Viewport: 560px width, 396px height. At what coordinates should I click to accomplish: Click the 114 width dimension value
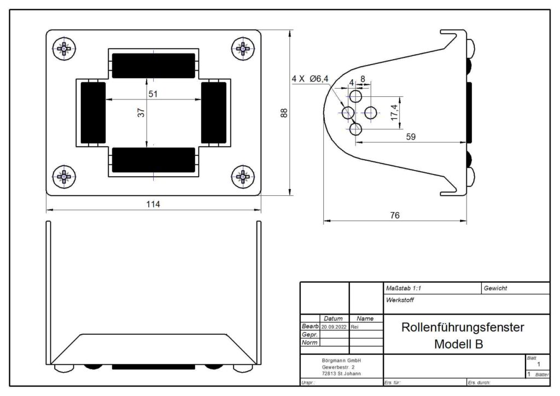click(153, 204)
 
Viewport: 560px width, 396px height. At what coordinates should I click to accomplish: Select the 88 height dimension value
click(284, 113)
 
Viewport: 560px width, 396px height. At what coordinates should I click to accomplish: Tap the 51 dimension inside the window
click(153, 94)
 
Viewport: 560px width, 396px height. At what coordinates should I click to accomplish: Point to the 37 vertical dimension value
click(142, 113)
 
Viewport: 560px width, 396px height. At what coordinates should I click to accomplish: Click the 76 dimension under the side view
click(395, 216)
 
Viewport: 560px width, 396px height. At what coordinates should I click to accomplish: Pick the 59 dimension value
click(411, 137)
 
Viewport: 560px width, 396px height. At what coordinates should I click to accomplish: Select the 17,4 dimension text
click(394, 113)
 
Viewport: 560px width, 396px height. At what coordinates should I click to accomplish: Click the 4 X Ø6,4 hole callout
click(310, 79)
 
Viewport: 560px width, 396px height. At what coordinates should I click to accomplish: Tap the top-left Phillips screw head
click(65, 48)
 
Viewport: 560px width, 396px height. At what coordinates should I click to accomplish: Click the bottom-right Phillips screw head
click(243, 177)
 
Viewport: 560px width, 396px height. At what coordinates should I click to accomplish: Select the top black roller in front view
click(154, 66)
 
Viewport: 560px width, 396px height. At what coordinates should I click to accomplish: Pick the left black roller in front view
click(93, 113)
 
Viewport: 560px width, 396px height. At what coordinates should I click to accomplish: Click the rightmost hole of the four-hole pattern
click(370, 113)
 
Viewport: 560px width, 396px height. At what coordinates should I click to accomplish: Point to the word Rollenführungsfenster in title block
click(463, 327)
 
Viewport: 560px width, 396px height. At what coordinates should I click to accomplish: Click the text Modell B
click(459, 344)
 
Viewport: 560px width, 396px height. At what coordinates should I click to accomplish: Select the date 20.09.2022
click(334, 327)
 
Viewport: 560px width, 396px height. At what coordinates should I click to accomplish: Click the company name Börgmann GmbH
click(341, 360)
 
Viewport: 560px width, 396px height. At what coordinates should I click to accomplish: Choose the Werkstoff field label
click(400, 300)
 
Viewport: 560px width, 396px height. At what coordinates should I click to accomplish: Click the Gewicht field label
click(495, 288)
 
